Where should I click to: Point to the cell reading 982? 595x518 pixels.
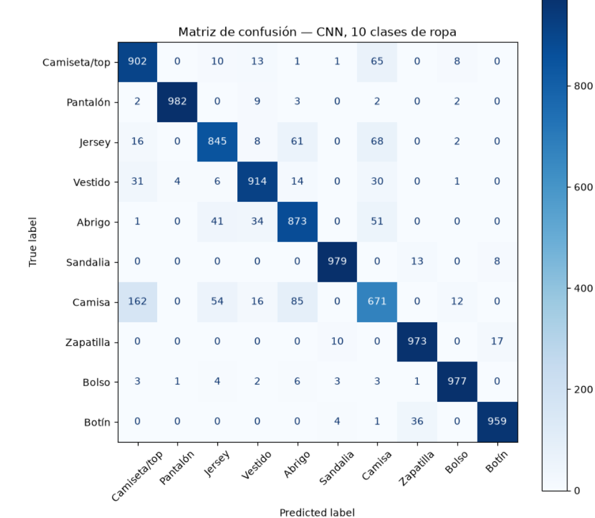pyautogui.click(x=177, y=102)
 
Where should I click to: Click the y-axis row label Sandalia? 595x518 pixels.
pyautogui.click(x=88, y=262)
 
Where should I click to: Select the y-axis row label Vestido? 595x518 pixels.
pyautogui.click(x=92, y=182)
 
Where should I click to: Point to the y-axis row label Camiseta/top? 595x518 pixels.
pyautogui.click(x=76, y=62)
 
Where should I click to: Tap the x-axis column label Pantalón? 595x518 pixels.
pyautogui.click(x=177, y=468)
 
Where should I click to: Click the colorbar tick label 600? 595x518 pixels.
pyautogui.click(x=583, y=187)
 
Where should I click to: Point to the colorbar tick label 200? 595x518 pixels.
pyautogui.click(x=583, y=389)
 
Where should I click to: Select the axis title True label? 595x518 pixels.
pyautogui.click(x=33, y=242)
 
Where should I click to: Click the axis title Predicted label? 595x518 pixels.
pyautogui.click(x=317, y=513)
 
